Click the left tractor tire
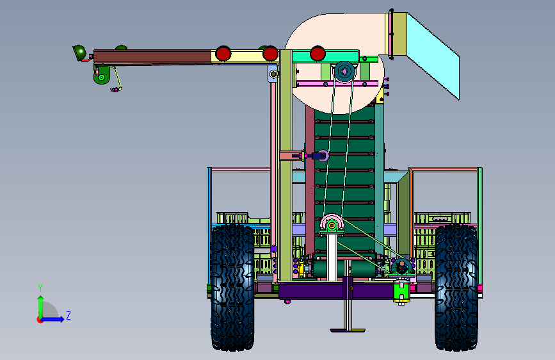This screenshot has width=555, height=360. tap(232, 287)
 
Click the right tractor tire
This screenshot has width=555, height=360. tap(456, 287)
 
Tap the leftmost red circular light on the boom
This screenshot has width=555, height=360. tap(223, 54)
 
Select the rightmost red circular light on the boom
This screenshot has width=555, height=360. tap(318, 54)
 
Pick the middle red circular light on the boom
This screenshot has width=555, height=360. tap(270, 54)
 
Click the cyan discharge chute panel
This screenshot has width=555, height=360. tap(433, 56)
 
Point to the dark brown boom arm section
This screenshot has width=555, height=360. tap(152, 57)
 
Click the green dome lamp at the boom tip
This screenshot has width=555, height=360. tap(79, 53)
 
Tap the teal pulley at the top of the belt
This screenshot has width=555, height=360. tap(344, 72)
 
